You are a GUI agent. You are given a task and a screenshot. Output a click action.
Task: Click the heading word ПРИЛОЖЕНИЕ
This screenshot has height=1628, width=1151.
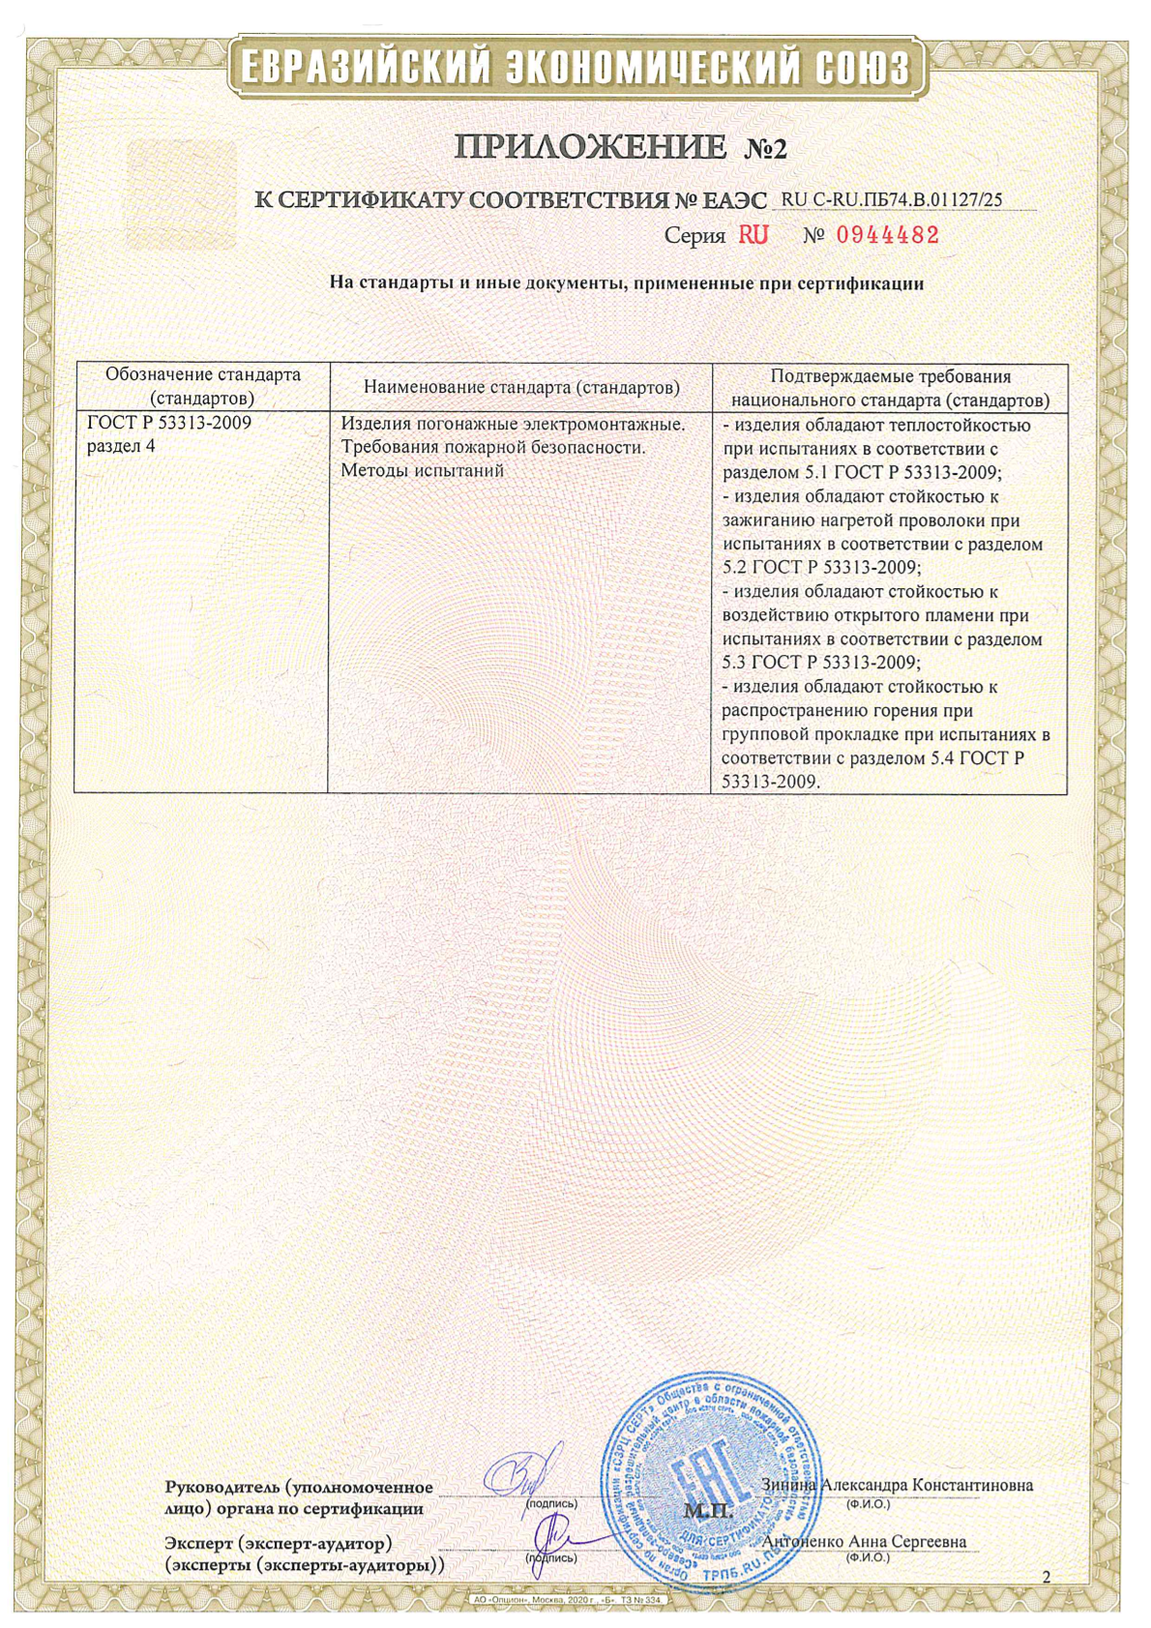[590, 147]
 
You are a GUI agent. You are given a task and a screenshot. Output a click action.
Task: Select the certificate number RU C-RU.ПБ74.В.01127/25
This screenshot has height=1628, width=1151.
[891, 199]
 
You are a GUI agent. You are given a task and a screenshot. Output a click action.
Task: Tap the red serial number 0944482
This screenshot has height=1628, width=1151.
[887, 235]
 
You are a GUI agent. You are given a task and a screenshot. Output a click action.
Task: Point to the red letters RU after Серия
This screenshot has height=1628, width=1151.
[753, 235]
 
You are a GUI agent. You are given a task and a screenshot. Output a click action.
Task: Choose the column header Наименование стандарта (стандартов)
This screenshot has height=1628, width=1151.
[521, 387]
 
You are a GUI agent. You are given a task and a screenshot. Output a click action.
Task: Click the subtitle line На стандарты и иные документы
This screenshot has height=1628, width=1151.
[627, 283]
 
